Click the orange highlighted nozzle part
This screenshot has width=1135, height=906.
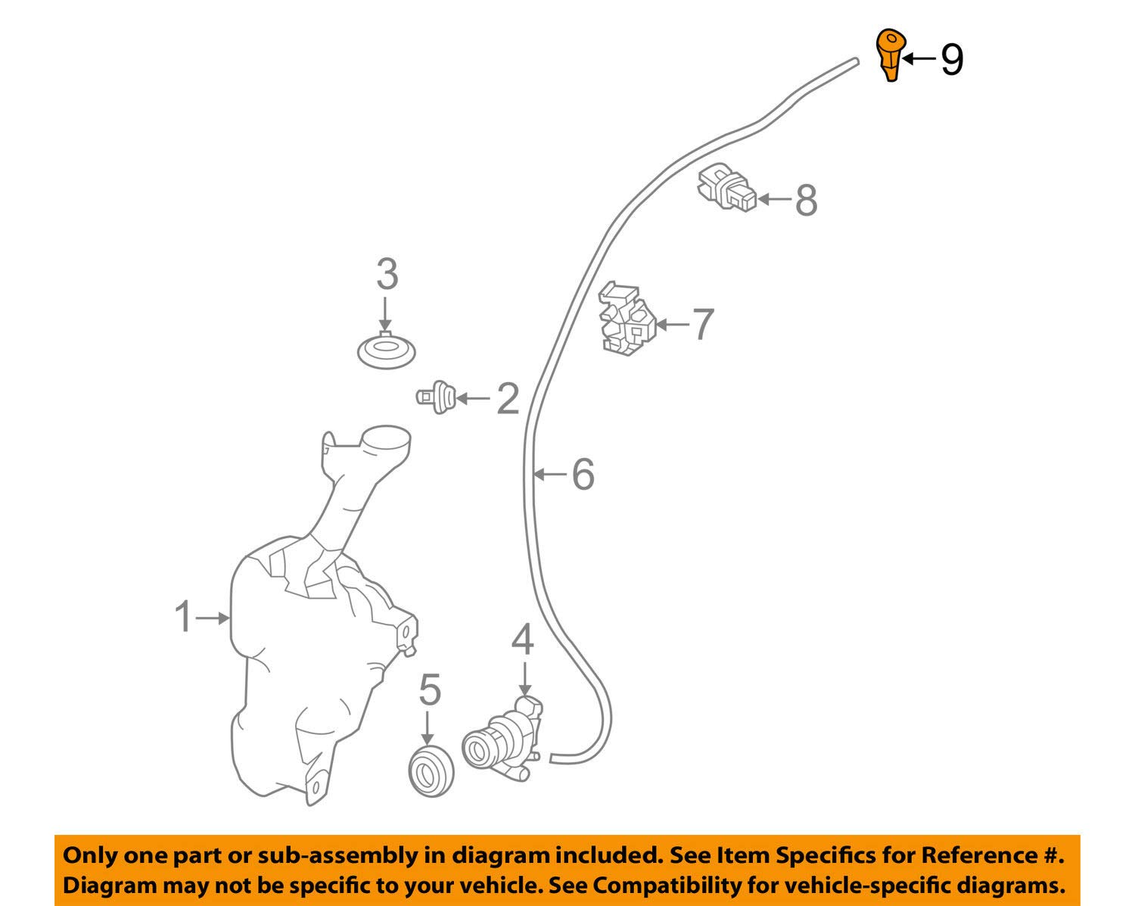pos(891,54)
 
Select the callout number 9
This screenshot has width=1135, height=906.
pos(952,60)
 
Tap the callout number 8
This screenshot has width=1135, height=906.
pos(806,201)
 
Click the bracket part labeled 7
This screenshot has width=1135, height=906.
pos(626,319)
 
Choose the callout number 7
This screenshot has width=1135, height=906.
pos(702,325)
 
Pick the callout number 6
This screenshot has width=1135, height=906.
pos(583,475)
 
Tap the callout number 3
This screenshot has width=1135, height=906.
pos(387,275)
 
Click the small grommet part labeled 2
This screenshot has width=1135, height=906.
pos(436,397)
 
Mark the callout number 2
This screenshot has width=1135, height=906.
pos(508,399)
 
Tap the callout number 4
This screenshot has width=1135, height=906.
pos(522,640)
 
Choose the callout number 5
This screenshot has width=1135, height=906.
pos(430,690)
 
